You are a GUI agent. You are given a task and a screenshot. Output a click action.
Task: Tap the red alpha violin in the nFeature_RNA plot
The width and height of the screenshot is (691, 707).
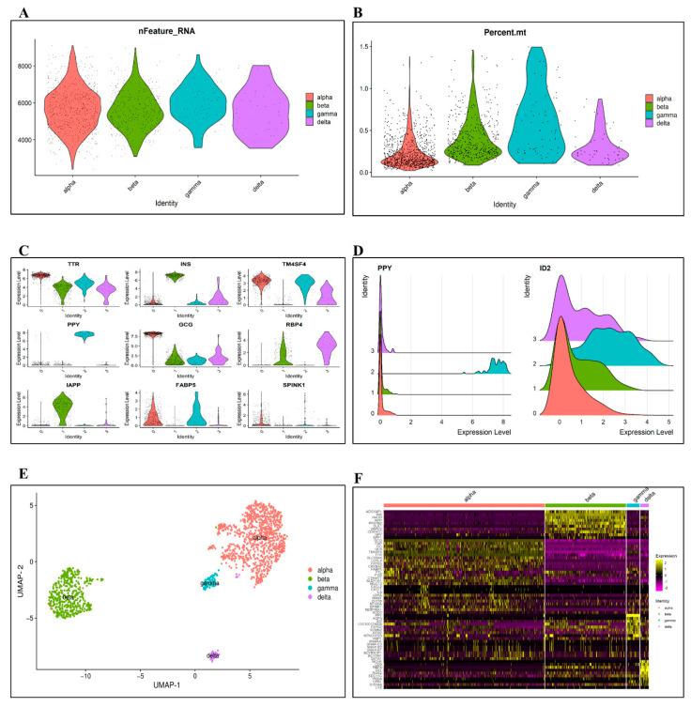tap(72, 108)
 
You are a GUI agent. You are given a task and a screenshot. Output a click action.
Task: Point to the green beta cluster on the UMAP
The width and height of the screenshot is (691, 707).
tap(70, 592)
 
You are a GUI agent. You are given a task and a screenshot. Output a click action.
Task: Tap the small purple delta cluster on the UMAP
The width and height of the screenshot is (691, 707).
tap(213, 653)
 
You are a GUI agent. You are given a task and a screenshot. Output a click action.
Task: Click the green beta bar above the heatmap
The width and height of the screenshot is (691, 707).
tap(585, 505)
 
